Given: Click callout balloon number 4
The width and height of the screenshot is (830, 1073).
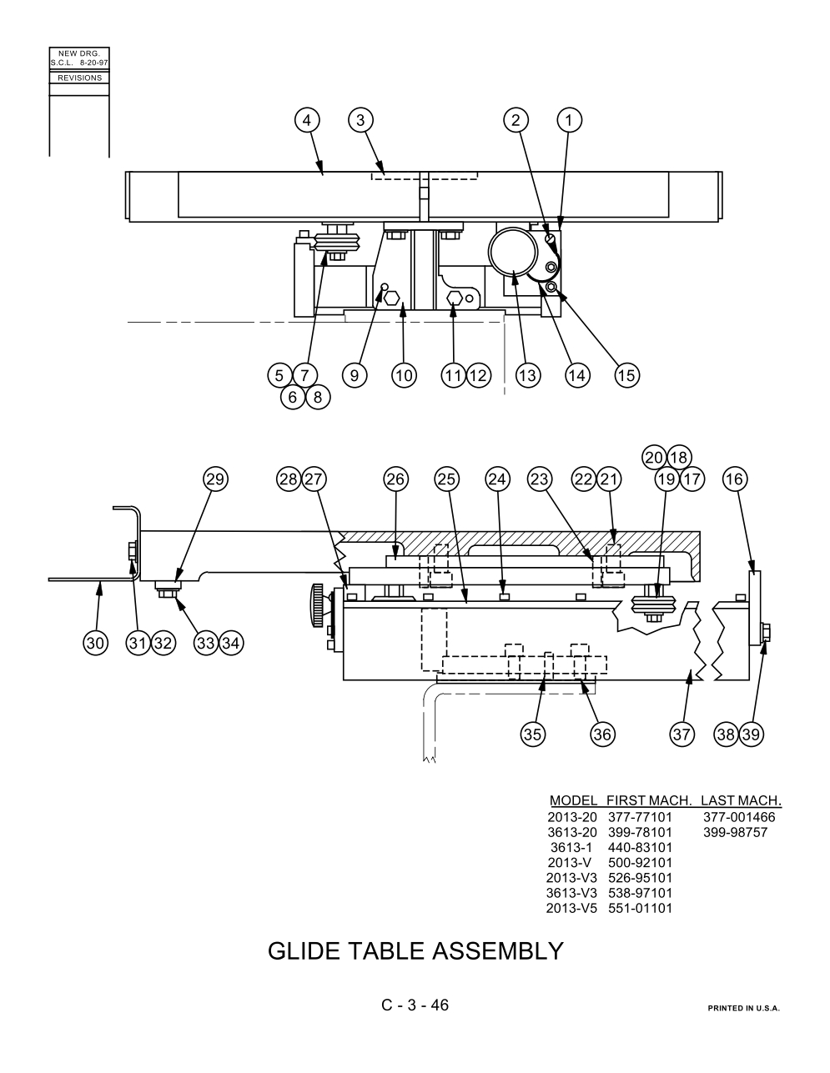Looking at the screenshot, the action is coord(307,121).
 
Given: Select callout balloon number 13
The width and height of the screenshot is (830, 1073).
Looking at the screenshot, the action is coord(528,376).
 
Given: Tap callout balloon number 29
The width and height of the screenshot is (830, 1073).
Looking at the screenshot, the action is coord(215,479).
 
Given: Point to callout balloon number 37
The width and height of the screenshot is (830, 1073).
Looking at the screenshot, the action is coord(682,735).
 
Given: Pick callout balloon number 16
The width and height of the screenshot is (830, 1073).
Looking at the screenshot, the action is coord(735,479).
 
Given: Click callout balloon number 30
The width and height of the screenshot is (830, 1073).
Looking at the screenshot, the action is coord(95,643).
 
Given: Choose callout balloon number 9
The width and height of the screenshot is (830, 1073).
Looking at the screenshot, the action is coord(355,376).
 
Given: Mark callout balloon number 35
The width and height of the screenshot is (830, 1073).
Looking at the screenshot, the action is coord(532,735).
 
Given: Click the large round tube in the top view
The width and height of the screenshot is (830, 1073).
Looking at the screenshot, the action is coord(513,253).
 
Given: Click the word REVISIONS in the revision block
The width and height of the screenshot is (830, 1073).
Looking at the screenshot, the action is coord(79,78).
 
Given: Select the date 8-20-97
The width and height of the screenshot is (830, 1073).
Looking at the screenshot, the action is coord(94,63).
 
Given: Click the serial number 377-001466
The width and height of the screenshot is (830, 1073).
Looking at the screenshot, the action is coord(739,817).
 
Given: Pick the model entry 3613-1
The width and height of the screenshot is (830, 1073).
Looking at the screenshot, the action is coord(571,848).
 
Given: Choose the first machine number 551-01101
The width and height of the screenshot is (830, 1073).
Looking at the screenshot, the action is coord(641,908).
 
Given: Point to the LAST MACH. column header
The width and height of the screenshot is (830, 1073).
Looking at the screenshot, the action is coord(741,800).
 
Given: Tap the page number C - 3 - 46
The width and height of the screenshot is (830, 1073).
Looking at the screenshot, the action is coord(415,1005).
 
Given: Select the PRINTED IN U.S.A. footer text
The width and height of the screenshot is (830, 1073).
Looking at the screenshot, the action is coord(743,1008).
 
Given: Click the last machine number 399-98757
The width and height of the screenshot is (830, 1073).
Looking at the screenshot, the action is coord(736,833).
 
